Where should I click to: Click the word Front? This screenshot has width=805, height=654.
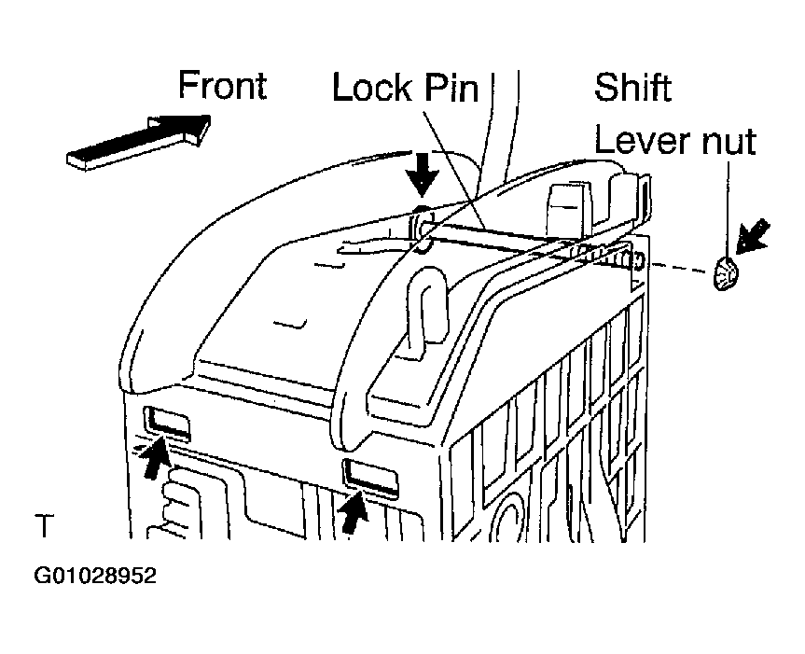(x=222, y=85)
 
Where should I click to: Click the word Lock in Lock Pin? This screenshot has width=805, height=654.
(x=371, y=88)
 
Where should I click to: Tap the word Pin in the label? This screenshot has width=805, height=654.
(x=451, y=88)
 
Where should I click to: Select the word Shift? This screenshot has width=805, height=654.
(x=632, y=87)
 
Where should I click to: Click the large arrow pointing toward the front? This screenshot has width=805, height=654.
(x=139, y=141)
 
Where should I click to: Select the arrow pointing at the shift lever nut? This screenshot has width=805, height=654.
(x=753, y=236)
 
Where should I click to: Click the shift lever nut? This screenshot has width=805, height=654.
(x=726, y=272)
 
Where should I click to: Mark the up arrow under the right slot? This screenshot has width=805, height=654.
(x=354, y=510)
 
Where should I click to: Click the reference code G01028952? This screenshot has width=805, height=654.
(x=95, y=576)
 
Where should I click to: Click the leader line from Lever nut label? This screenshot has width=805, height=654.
(x=728, y=209)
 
